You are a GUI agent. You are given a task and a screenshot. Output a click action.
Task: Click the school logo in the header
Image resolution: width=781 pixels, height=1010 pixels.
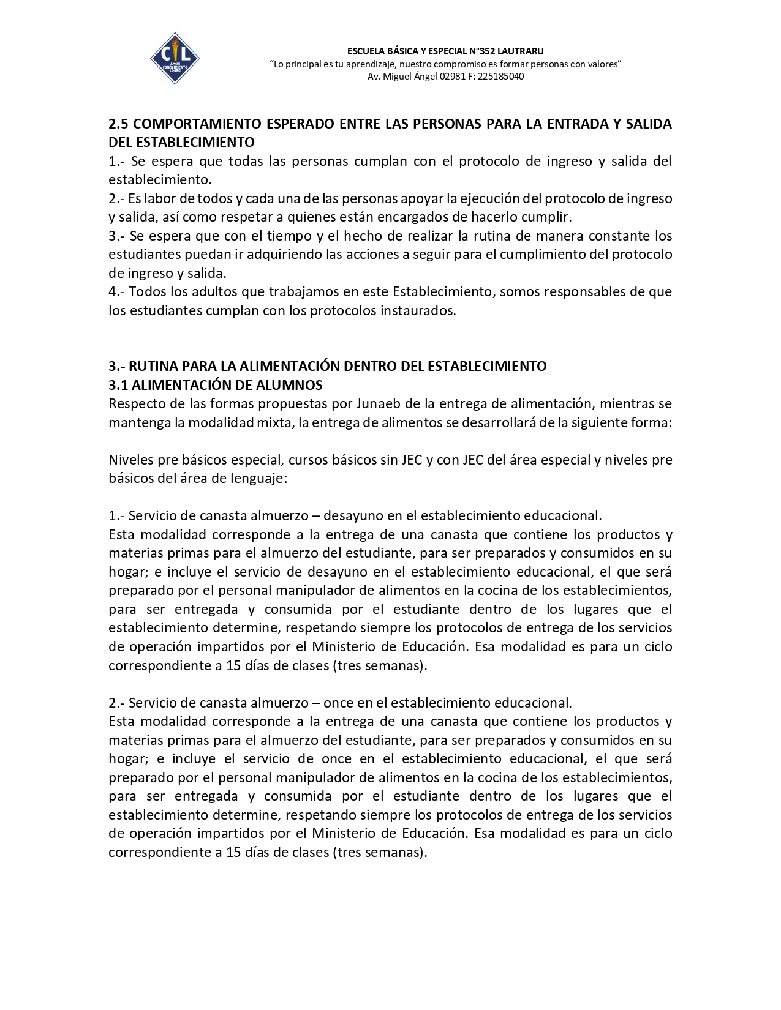coord(175,58)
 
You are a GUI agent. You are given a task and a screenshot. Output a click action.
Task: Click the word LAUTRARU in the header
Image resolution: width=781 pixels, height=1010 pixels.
coord(520,51)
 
